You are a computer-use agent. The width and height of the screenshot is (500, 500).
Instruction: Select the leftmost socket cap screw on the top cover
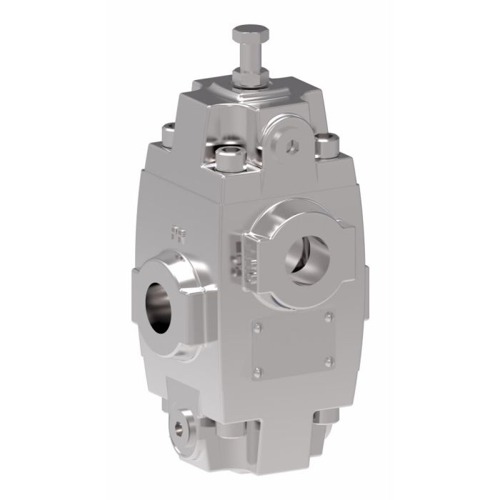coord(169,131)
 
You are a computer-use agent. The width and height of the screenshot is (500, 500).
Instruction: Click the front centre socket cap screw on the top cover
coord(228,156)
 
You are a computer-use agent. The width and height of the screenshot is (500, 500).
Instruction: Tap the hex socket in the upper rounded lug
coord(292,145)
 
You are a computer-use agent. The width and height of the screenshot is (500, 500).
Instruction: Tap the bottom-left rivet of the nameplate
coord(256,371)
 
